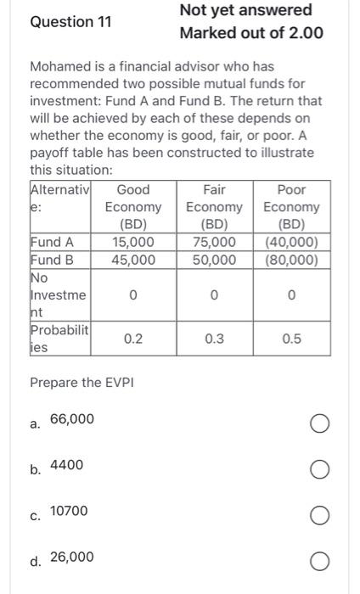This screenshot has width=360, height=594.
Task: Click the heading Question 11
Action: coord(70,22)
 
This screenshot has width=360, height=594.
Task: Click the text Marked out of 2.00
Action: coord(250,33)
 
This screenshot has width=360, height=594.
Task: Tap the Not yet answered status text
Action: coord(246,10)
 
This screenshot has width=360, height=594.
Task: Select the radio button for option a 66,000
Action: coord(320,423)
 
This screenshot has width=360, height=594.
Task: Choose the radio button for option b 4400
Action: coord(320,469)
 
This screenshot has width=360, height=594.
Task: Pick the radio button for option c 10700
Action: coord(320,515)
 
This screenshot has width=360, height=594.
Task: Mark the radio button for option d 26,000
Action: coord(320,561)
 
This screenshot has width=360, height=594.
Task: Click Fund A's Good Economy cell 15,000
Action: coord(133,243)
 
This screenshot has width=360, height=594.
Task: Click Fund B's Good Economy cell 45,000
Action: coord(133,260)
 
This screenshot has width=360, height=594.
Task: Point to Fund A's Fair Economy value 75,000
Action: coord(214,243)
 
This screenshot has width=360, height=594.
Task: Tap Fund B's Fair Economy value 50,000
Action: coord(214,260)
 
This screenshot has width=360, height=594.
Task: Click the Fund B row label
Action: coord(52,260)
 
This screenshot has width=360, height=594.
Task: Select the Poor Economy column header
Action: coord(291,207)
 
